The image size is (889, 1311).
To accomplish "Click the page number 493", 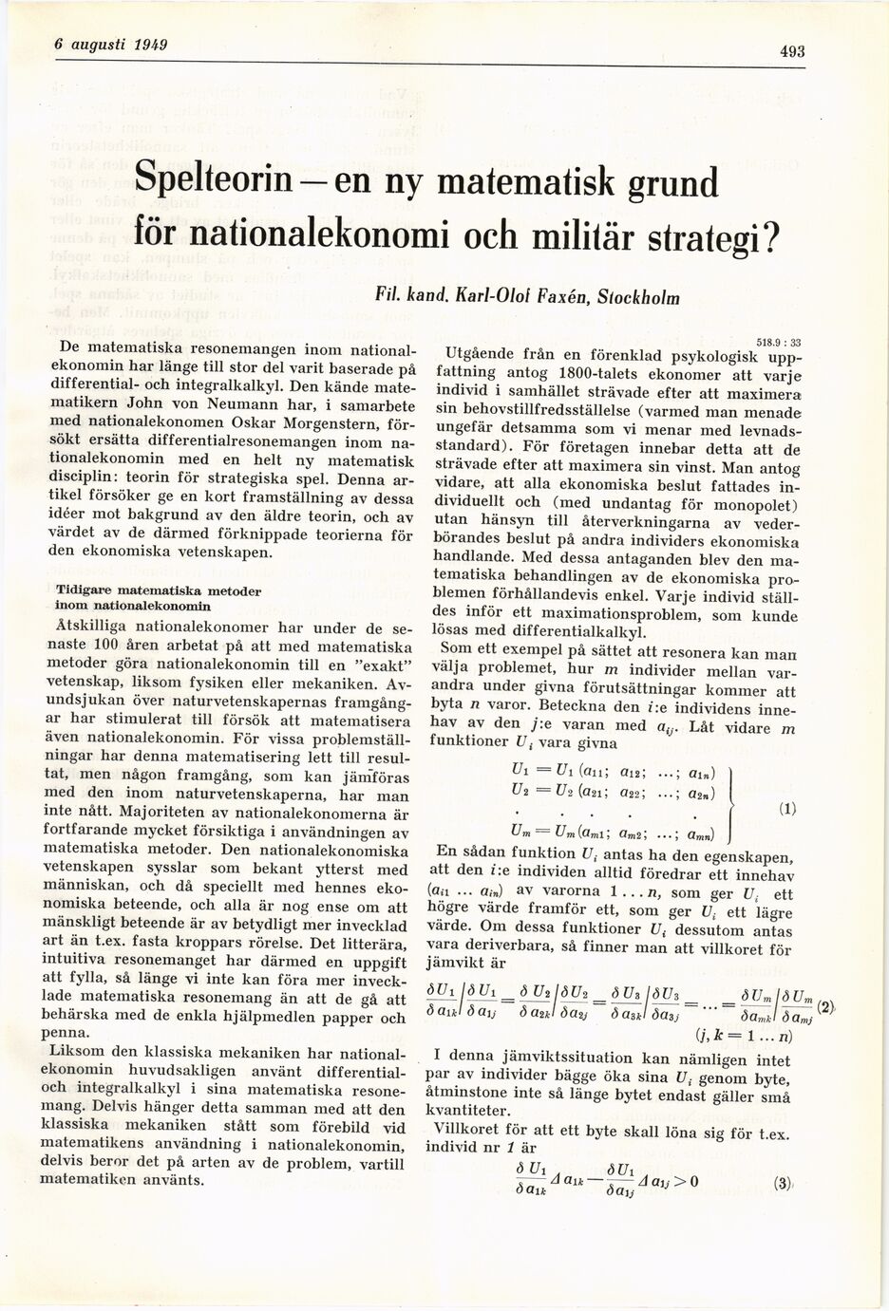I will tap(790, 52).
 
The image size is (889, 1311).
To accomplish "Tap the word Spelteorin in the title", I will tap(224, 178).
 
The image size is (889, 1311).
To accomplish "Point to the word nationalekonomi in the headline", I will tap(294, 234).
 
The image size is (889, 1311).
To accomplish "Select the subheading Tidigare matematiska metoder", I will tap(158, 590).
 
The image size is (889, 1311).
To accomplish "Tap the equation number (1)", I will tap(785, 810).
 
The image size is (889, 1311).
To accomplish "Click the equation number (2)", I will tap(825, 1007).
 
